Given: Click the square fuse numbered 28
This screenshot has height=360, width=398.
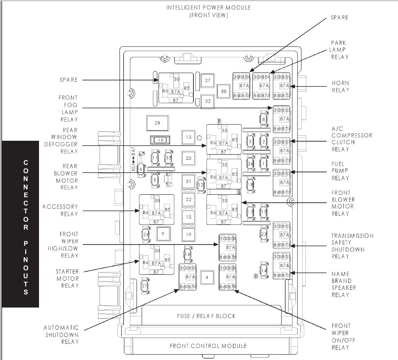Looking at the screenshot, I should point(157,123).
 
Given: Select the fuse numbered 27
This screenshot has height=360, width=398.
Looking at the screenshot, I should point(208,80).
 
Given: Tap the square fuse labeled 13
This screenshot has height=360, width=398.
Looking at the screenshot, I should point(188,137).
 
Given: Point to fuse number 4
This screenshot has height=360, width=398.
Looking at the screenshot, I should point(206,276).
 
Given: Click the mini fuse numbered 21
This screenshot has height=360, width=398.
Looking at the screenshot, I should point(144,286).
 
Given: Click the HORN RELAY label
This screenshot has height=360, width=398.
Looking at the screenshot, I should point(340,86).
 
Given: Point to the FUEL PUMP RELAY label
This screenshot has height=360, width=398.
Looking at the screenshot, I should point(340,171).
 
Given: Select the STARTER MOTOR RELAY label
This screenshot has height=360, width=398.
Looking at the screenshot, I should point(68,278).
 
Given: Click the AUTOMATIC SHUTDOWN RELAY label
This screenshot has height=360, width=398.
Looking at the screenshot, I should point(61,335).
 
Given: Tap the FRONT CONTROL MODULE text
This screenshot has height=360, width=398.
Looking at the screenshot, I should point(208,345).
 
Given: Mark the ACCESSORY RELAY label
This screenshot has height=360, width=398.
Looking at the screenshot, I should point(60,210).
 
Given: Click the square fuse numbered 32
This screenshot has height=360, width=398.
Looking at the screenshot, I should point(208,101).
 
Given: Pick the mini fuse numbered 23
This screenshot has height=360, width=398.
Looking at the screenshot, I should point(264,234).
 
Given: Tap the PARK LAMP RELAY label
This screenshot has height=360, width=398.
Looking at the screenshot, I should point(339,50).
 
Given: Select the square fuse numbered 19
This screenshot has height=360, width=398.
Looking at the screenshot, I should point(188,235).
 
